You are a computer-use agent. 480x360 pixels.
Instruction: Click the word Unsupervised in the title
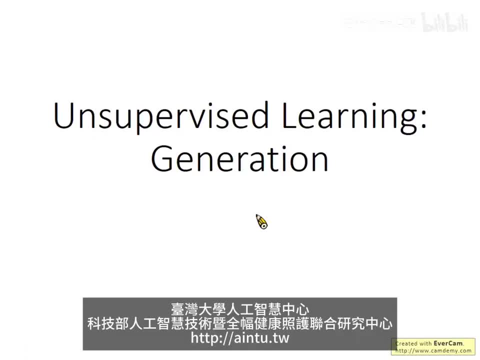point(161,116)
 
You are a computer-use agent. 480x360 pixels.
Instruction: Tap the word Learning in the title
point(348,116)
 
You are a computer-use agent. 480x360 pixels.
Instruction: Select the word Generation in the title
point(240,159)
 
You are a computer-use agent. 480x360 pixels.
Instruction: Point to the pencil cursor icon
point(261,221)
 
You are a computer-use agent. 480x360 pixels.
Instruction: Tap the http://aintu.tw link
point(240,338)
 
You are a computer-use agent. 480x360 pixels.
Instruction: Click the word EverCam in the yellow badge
point(448,343)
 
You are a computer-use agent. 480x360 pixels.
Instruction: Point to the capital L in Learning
point(289,116)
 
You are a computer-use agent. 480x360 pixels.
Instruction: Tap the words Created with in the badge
point(414,343)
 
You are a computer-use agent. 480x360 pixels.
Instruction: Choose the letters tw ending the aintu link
point(280,338)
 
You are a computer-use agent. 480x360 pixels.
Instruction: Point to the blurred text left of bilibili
point(380,22)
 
